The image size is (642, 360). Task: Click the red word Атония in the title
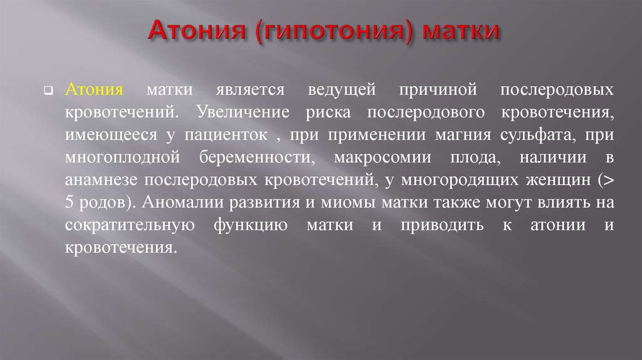click(197, 30)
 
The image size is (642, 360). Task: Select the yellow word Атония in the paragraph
click(94, 89)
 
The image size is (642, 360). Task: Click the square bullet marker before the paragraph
click(49, 90)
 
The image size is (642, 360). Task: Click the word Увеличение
click(243, 112)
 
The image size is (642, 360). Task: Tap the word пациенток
click(226, 135)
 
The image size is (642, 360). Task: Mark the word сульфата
click(538, 135)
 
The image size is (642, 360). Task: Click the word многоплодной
click(122, 157)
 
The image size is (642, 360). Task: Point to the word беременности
click(257, 157)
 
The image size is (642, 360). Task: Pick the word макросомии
click(383, 157)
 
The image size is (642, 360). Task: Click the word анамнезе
click(101, 180)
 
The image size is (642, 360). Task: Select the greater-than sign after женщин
click(606, 180)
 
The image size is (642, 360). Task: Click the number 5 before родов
click(69, 203)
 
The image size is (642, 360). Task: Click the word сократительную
click(130, 225)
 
